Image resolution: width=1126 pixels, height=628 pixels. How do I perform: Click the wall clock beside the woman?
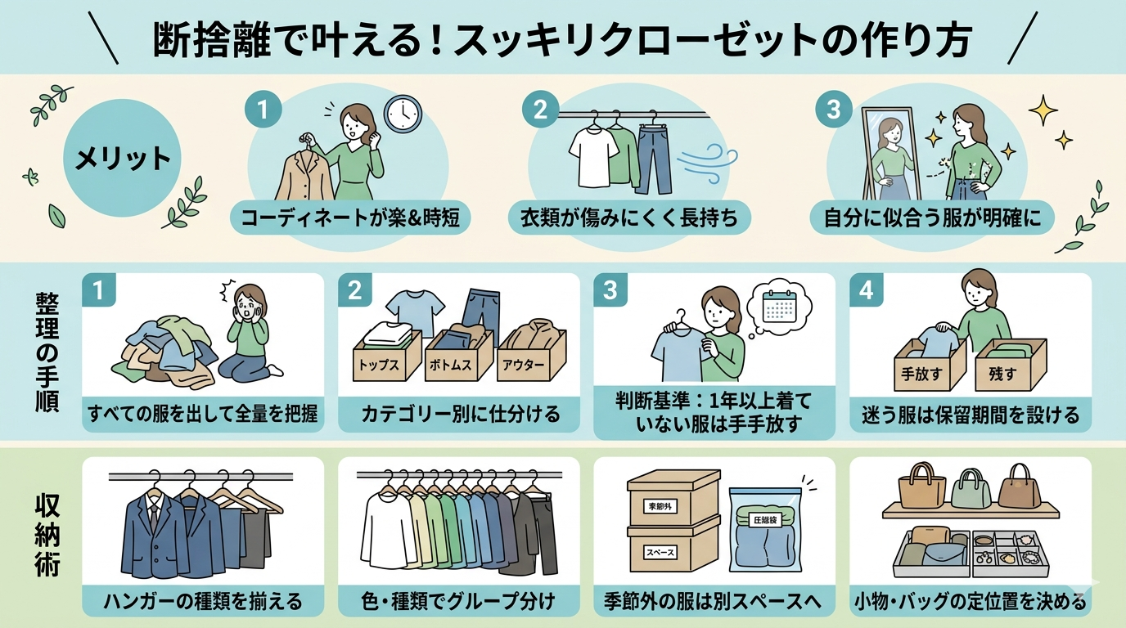pos(403,114)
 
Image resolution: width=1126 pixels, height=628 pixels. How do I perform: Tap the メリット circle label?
pos(122,159)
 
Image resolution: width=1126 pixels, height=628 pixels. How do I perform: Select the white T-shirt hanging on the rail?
pos(593,155)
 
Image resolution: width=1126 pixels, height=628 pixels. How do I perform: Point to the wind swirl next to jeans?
pos(707,162)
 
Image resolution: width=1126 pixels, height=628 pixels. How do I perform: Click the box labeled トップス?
pos(387,355)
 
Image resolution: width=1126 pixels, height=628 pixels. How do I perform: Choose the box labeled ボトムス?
pos(458,355)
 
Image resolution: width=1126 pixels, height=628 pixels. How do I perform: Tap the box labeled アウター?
pos(531,355)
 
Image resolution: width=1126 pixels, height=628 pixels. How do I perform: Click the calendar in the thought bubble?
pos(780,306)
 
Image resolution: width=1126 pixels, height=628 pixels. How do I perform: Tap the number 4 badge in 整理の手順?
pos(866,290)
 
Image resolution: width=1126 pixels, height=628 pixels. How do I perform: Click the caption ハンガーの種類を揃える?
pos(203,601)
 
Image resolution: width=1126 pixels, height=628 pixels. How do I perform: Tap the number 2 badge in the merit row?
pos(540,110)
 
